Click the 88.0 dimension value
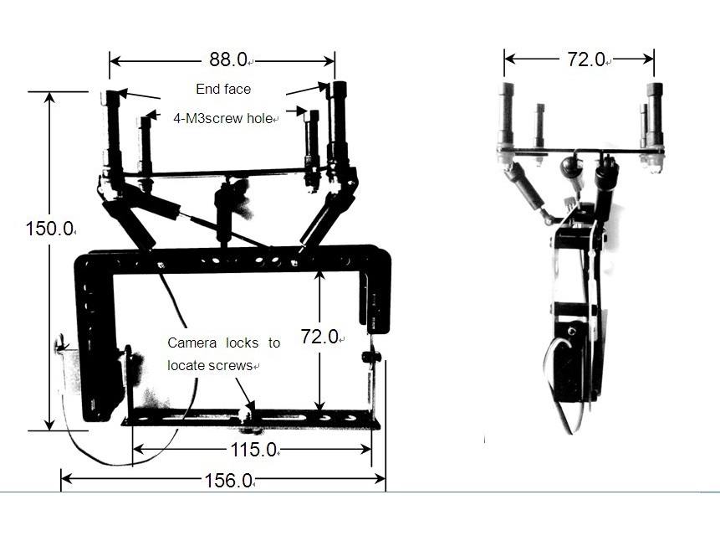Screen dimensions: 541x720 point(227,59)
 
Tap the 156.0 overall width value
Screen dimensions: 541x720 point(228,481)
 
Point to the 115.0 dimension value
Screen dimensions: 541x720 point(253,451)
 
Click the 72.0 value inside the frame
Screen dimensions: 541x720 point(320,337)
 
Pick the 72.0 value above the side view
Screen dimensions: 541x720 point(586,59)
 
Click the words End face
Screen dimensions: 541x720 point(223,89)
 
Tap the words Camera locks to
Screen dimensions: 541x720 point(223,343)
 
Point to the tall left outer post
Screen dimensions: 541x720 point(112,126)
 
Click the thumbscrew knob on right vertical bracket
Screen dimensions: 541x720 point(370,358)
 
